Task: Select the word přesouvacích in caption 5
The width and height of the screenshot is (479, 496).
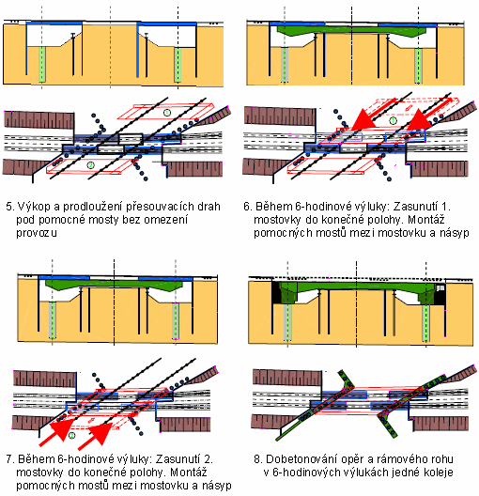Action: (x=160, y=207)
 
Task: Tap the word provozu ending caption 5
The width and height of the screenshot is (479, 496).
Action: (x=37, y=233)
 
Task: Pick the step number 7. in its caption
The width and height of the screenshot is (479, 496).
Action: (x=10, y=459)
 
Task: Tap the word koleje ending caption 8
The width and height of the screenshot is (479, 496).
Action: (x=439, y=473)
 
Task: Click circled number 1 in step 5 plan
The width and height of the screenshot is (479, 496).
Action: (x=167, y=112)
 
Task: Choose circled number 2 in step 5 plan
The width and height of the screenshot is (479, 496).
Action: (x=90, y=164)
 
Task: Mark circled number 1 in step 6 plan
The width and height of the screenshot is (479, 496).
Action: (x=393, y=120)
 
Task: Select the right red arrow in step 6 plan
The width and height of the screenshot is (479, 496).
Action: (x=428, y=114)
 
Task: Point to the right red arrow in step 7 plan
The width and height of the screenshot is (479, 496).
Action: (x=95, y=436)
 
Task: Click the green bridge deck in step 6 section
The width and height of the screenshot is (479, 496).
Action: (x=351, y=31)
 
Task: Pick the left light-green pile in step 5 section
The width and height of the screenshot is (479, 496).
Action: (x=41, y=64)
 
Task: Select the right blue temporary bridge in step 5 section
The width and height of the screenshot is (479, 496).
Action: (x=167, y=24)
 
